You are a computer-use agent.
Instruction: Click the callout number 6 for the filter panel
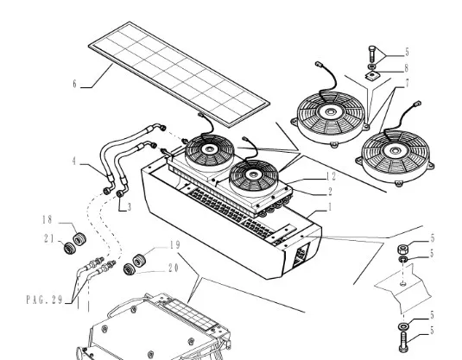point(74,85)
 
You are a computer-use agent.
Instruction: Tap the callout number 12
point(332,176)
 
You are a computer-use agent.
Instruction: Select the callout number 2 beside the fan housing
point(330,192)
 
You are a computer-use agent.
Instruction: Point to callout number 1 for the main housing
point(330,207)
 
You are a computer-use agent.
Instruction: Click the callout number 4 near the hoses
point(74,161)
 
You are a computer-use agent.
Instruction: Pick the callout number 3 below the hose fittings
point(129,207)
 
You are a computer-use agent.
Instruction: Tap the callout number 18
point(47,219)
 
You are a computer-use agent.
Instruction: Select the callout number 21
point(49,238)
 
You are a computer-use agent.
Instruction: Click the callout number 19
point(175,245)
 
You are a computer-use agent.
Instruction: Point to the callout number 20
point(174,268)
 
